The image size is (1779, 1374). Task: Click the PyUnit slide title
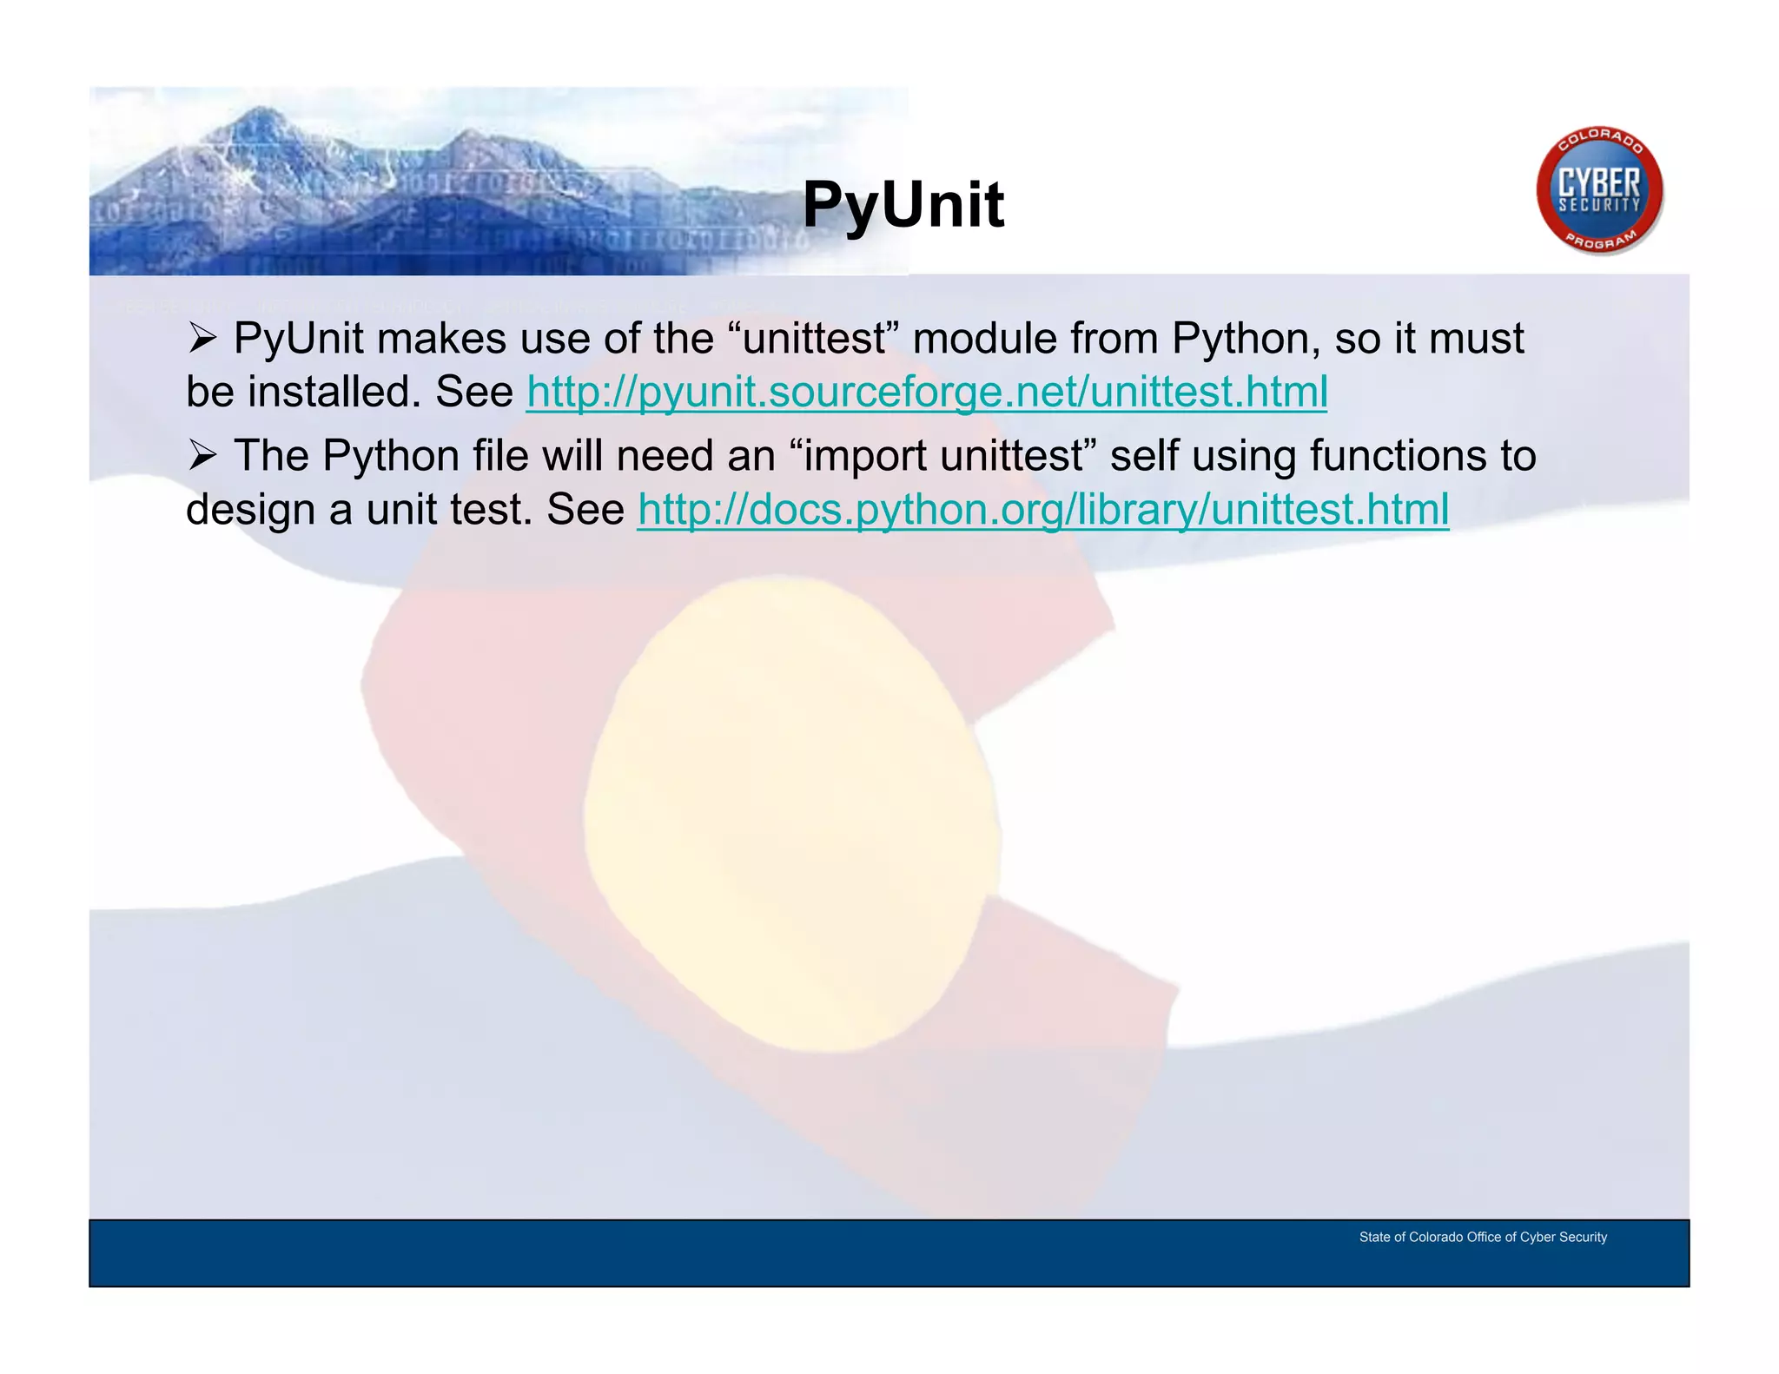tap(903, 205)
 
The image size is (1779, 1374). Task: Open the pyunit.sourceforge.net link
tap(926, 392)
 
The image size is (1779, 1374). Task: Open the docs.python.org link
tap(1042, 509)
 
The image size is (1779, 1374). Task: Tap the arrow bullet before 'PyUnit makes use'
tap(202, 339)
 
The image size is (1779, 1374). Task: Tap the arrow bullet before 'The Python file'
tap(202, 456)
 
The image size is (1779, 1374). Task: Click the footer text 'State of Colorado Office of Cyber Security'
tap(1482, 1237)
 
